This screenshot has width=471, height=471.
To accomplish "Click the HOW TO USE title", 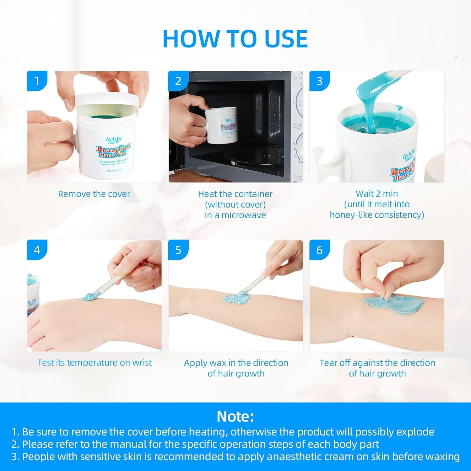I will (x=235, y=39).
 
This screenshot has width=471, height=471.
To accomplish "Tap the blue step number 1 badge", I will (x=37, y=81).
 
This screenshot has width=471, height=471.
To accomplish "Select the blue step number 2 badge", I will (x=178, y=81).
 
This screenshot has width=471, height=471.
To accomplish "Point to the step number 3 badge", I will (x=319, y=81).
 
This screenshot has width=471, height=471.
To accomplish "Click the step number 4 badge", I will (x=37, y=250).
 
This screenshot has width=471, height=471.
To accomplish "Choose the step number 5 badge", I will (x=178, y=250).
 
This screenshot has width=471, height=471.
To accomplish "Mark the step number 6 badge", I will (x=319, y=250).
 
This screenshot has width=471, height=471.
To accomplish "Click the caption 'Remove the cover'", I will (x=94, y=194).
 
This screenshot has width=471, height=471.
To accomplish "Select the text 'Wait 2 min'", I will (x=376, y=193).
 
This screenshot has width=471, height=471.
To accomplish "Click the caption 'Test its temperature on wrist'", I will (x=95, y=363).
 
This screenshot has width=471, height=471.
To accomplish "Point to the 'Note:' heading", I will (x=235, y=417).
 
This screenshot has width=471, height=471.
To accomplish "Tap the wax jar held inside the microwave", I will (x=221, y=126).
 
